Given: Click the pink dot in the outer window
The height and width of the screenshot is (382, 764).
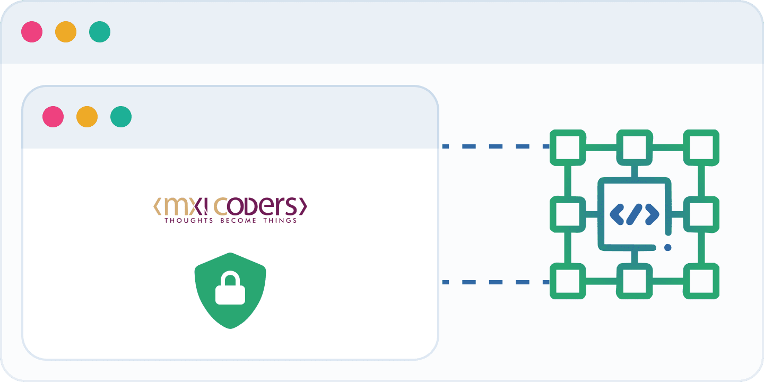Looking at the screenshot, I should [x=32, y=32].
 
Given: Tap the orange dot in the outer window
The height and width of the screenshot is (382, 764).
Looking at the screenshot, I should [x=66, y=32].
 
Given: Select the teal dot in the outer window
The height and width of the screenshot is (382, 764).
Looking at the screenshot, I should [x=100, y=32].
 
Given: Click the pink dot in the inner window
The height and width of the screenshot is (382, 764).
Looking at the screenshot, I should [x=53, y=117].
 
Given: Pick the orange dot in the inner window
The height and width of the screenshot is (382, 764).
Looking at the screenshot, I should [x=87, y=117].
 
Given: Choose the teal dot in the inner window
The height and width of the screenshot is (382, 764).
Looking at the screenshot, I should [x=121, y=117].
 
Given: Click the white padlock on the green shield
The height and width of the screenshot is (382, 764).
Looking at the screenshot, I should [x=230, y=289].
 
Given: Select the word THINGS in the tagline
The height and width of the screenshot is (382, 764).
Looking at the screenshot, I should [x=280, y=220].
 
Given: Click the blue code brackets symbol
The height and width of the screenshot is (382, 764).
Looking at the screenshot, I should [x=635, y=214].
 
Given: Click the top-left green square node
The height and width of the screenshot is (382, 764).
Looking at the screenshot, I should [x=568, y=146].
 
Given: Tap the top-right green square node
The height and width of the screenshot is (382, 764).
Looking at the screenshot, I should [x=701, y=146].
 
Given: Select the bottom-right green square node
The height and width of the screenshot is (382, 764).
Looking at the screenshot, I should [x=701, y=281].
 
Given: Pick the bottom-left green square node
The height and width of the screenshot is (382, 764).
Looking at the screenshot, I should [x=568, y=281].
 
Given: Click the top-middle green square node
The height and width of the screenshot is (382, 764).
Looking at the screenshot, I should [x=635, y=146].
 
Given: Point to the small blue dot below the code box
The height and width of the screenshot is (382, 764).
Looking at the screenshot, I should [x=667, y=247].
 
